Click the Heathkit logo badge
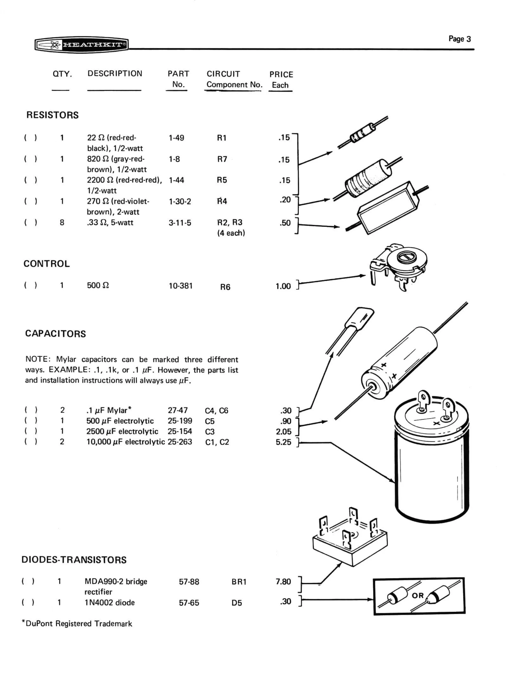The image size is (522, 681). coord(82,45)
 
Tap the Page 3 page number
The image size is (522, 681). coord(459,39)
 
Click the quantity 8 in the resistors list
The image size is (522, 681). coord(62,222)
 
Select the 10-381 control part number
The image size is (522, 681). coord(181,286)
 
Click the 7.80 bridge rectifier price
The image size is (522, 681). coord(283,582)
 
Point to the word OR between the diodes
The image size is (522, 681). coord(418,595)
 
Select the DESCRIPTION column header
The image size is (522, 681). coord(115,74)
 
